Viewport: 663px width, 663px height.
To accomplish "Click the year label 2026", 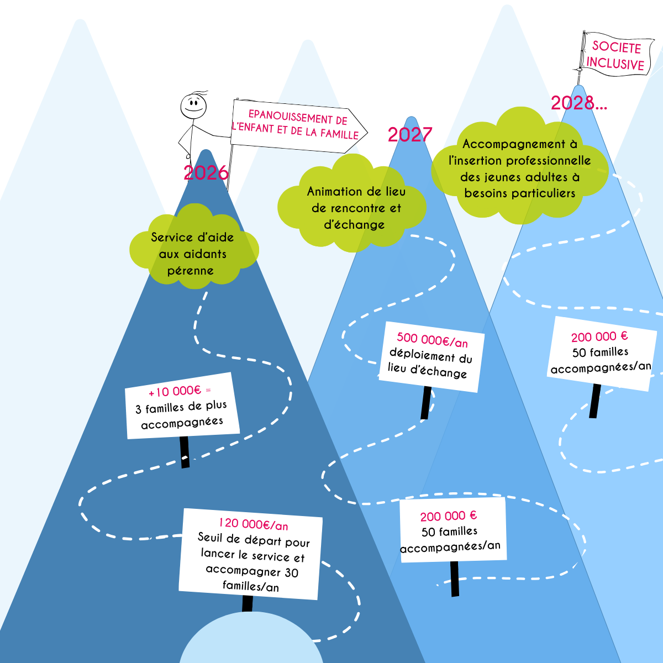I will (x=206, y=173).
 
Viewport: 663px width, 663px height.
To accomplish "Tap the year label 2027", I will (x=409, y=135).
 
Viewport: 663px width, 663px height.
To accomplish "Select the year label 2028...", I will (x=578, y=103).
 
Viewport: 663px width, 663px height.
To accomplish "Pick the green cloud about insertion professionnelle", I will (x=519, y=166).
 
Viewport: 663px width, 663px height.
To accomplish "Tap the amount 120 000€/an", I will (x=253, y=524).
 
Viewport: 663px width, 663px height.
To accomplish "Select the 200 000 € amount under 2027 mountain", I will (x=448, y=516).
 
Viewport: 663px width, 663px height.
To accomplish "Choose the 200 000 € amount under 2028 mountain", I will (x=599, y=336).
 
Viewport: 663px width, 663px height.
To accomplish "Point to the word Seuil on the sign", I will (x=212, y=537).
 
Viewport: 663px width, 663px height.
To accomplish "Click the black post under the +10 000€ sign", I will (x=185, y=452).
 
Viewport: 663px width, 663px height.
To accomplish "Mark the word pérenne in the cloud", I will (x=191, y=271).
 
